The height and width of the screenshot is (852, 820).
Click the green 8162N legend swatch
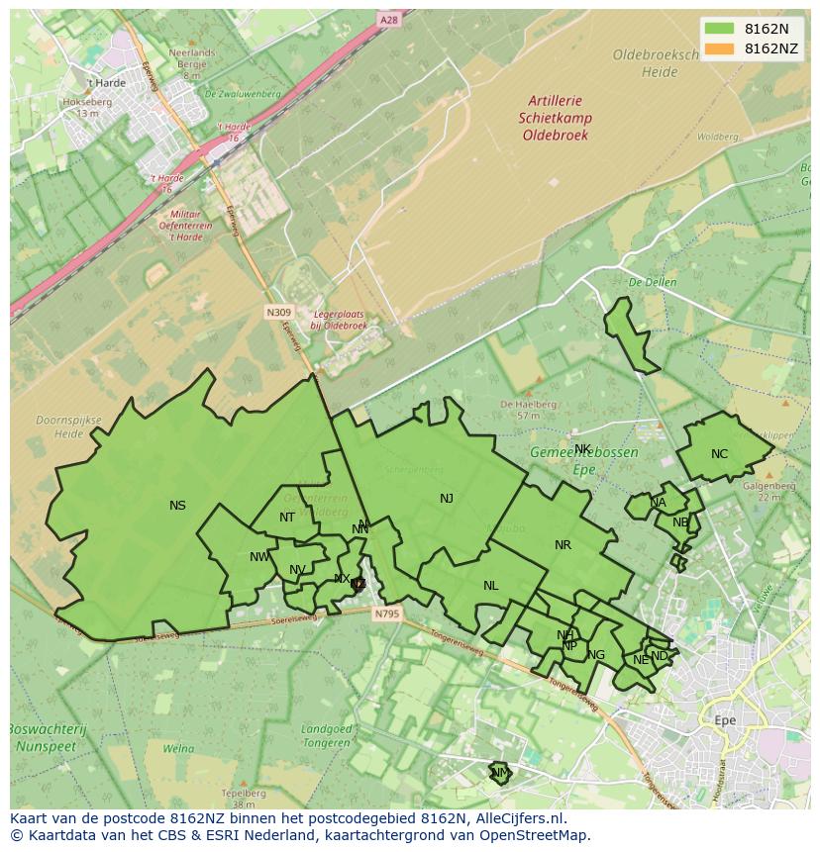[720, 29]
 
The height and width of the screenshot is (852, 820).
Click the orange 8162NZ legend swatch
[720, 48]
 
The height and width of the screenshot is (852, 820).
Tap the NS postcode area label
[177, 506]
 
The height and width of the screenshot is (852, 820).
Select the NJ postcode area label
[447, 499]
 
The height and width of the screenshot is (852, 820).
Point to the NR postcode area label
[563, 545]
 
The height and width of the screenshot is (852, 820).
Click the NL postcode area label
[490, 586]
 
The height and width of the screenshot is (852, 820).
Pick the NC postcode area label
[719, 454]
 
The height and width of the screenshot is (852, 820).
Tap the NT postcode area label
[286, 518]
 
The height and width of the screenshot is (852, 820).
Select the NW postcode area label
[259, 557]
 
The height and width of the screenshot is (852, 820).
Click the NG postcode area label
[596, 655]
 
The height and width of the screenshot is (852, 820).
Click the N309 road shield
[279, 312]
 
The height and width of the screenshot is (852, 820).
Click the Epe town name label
[725, 720]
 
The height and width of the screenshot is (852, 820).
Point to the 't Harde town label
[106, 83]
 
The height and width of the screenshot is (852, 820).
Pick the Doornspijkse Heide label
[68, 426]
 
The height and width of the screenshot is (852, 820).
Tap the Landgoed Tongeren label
[326, 735]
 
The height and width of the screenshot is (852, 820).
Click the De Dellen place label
[652, 282]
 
